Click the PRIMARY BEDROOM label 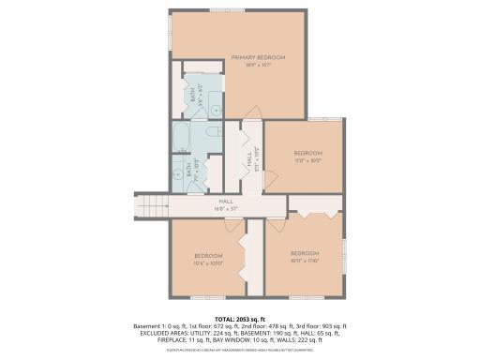pos(258,58)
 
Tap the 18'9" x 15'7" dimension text pos(258,66)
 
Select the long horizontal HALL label pos(226,201)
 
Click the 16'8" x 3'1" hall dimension pos(226,208)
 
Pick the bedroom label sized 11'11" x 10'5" pos(307,157)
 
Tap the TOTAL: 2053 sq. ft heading pos(239,319)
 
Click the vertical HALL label pos(250,161)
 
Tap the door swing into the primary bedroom pos(251,128)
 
